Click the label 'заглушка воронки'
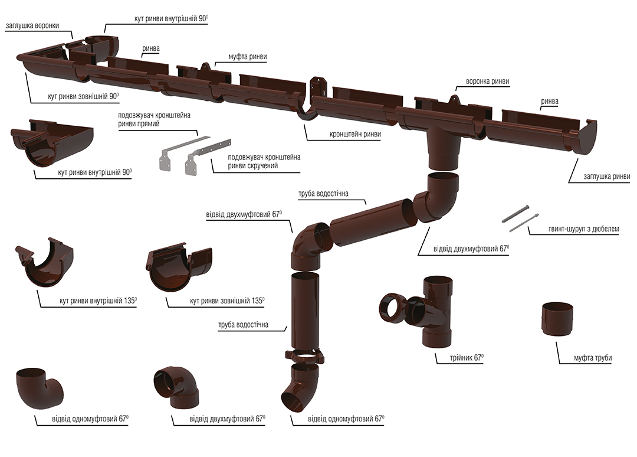[x=32, y=25]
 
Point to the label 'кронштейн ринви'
[x=354, y=134]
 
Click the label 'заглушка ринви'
[x=606, y=176]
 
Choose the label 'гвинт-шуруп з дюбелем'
[x=583, y=229]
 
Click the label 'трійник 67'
[x=466, y=358]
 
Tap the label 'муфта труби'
[x=593, y=358]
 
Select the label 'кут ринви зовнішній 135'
[x=227, y=301]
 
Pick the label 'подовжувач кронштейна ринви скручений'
[x=264, y=161]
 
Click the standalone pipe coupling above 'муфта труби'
[x=559, y=319]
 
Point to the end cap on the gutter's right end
[x=587, y=138]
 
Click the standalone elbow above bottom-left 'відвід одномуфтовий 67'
[x=40, y=389]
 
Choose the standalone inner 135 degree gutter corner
[x=45, y=262]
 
